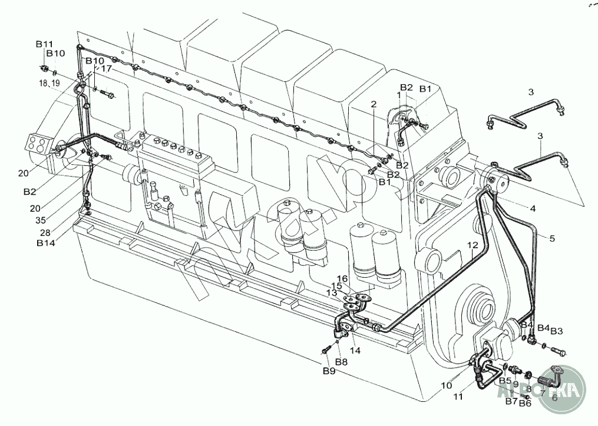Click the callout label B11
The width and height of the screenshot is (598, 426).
(44, 44)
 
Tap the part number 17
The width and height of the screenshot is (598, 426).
(106, 69)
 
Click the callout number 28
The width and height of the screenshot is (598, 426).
(45, 232)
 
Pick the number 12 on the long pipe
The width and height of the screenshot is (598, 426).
(473, 246)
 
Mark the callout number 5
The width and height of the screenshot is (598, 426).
(552, 238)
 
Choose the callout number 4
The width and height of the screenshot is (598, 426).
(532, 208)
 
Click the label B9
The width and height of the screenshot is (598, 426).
(328, 371)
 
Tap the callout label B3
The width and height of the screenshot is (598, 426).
(557, 330)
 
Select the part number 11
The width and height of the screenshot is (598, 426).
(458, 397)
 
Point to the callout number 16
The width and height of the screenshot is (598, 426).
(342, 278)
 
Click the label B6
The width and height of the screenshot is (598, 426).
(525, 404)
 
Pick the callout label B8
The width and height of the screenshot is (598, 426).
(341, 361)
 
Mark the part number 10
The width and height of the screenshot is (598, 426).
(446, 386)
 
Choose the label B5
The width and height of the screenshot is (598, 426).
(504, 381)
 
